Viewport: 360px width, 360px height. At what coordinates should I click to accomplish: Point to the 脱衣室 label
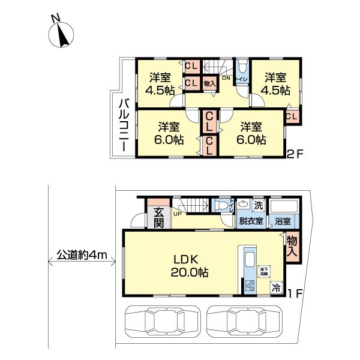[x=251, y=221]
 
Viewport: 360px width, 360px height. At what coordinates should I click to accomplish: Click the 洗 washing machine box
[x=258, y=205]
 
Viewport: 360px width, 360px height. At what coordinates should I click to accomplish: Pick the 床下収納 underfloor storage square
[x=265, y=271]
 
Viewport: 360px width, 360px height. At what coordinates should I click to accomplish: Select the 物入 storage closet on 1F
[x=292, y=247]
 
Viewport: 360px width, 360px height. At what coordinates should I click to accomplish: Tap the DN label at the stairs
[x=226, y=78]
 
